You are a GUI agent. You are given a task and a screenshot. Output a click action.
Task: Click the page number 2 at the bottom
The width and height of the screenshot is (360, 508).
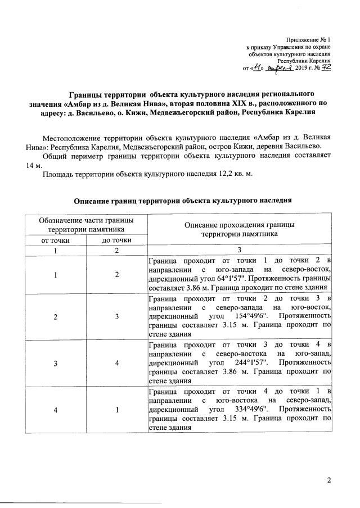(x=330, y=479)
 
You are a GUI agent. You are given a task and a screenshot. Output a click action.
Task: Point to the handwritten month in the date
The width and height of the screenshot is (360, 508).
(x=281, y=67)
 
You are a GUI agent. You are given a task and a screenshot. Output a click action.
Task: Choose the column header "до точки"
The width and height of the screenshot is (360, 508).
(x=117, y=240)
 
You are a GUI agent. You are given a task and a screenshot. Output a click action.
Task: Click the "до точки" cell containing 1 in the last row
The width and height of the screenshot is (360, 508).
(x=117, y=410)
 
